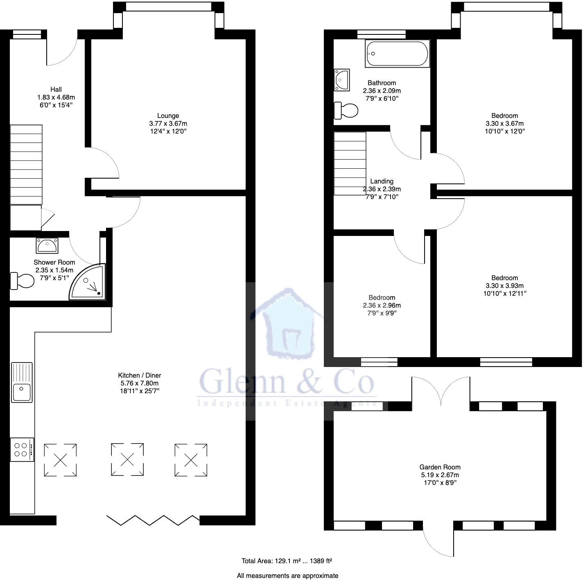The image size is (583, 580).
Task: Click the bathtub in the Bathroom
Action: point(397,54)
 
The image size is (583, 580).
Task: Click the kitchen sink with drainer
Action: point(22,382)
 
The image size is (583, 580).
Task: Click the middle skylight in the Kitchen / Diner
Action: point(127,459)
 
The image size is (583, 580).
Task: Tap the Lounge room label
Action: point(168,116)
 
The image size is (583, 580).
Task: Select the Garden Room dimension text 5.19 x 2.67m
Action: point(440,475)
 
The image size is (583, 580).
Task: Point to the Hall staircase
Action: point(26,164)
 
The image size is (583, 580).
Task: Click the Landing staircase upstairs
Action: point(350,163)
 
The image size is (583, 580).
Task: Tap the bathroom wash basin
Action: point(342,79)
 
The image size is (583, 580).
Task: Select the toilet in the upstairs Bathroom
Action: point(346,110)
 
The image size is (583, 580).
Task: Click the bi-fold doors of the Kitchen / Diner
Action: point(153,520)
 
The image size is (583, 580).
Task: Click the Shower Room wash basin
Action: point(47,245)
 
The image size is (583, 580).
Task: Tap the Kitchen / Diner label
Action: point(140,375)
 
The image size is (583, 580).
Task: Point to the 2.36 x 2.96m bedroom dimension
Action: point(382,306)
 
